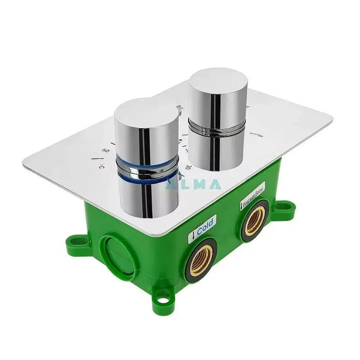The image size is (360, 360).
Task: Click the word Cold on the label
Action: (205, 224)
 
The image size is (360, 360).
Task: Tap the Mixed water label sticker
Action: (252, 194)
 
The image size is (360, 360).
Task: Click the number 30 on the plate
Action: (188, 167)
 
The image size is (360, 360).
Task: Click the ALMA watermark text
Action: (193, 184)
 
